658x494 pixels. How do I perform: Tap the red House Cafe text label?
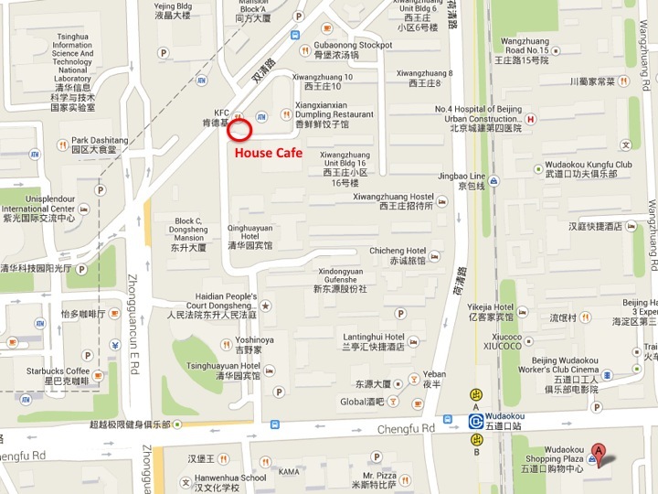268,153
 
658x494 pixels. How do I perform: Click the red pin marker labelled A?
599,450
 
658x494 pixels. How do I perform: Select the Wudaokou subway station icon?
476,421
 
